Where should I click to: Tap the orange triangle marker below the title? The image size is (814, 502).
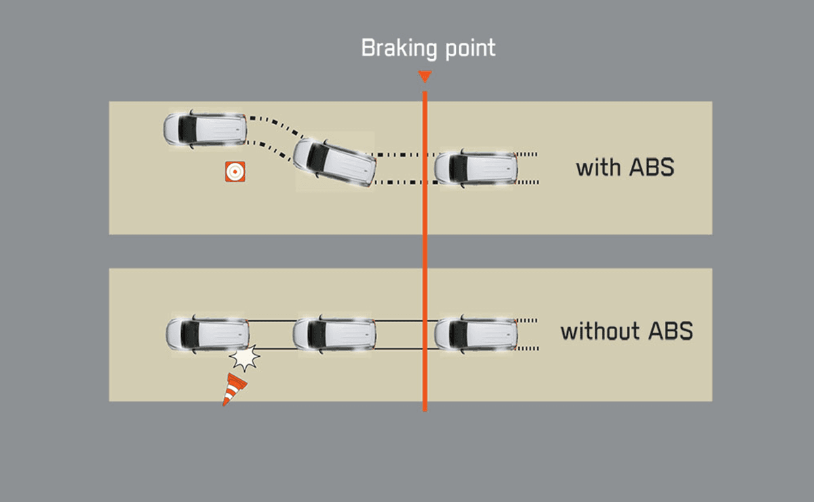425,76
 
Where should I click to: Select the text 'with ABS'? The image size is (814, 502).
625,167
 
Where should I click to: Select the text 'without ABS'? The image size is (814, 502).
626,331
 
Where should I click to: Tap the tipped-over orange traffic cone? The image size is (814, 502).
234,389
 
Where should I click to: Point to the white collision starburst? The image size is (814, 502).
244,358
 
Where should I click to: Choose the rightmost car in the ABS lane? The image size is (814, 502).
476,168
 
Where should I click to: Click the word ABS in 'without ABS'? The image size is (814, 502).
670,331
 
